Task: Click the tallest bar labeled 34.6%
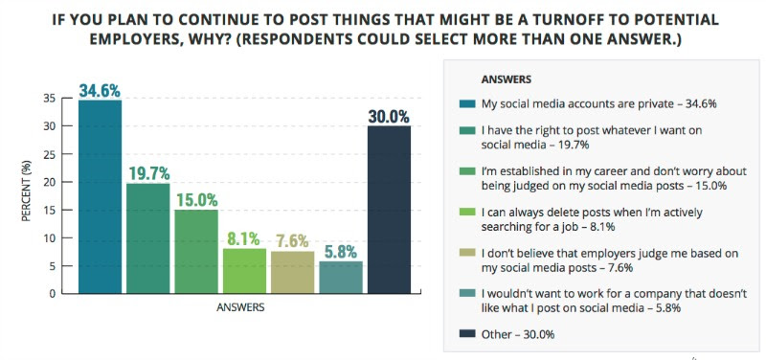(x=100, y=196)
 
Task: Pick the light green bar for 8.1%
(x=244, y=270)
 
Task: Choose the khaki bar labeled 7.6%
(x=293, y=272)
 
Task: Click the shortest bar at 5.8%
(x=341, y=277)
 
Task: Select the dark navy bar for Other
(x=389, y=209)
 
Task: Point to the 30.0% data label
(x=389, y=117)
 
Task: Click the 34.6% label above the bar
(x=100, y=92)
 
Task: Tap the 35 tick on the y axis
(x=62, y=99)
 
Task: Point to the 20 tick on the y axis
(x=62, y=182)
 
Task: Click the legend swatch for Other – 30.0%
(x=468, y=335)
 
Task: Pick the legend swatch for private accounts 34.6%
(x=468, y=102)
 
